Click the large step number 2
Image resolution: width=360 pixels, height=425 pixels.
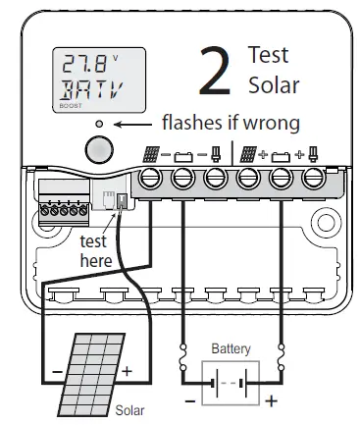coord(216,71)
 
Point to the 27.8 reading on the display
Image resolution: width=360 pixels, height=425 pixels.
coord(84,66)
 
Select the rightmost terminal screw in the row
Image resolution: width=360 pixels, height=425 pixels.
coord(314,178)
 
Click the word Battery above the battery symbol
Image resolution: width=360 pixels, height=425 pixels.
coord(231,348)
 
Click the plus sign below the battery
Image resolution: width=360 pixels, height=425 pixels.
coord(272,400)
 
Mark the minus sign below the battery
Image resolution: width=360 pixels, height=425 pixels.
coord(189,400)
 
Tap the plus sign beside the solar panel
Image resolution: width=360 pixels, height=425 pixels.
coord(126,372)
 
